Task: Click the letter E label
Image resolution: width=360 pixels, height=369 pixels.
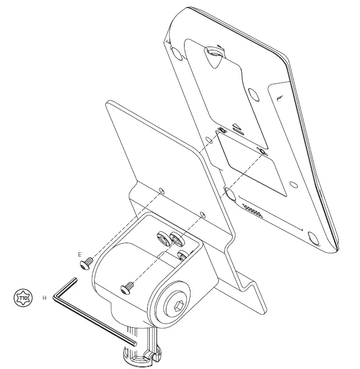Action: click(x=80, y=254)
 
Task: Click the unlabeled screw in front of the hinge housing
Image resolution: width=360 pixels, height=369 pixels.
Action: click(x=128, y=289)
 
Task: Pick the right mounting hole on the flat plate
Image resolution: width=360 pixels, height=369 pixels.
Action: click(x=202, y=214)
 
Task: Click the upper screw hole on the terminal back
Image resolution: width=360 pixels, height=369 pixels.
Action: click(x=223, y=130)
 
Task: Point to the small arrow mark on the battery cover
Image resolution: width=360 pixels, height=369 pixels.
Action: click(x=236, y=128)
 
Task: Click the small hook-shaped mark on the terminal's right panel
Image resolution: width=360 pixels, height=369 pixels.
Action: click(x=280, y=97)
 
